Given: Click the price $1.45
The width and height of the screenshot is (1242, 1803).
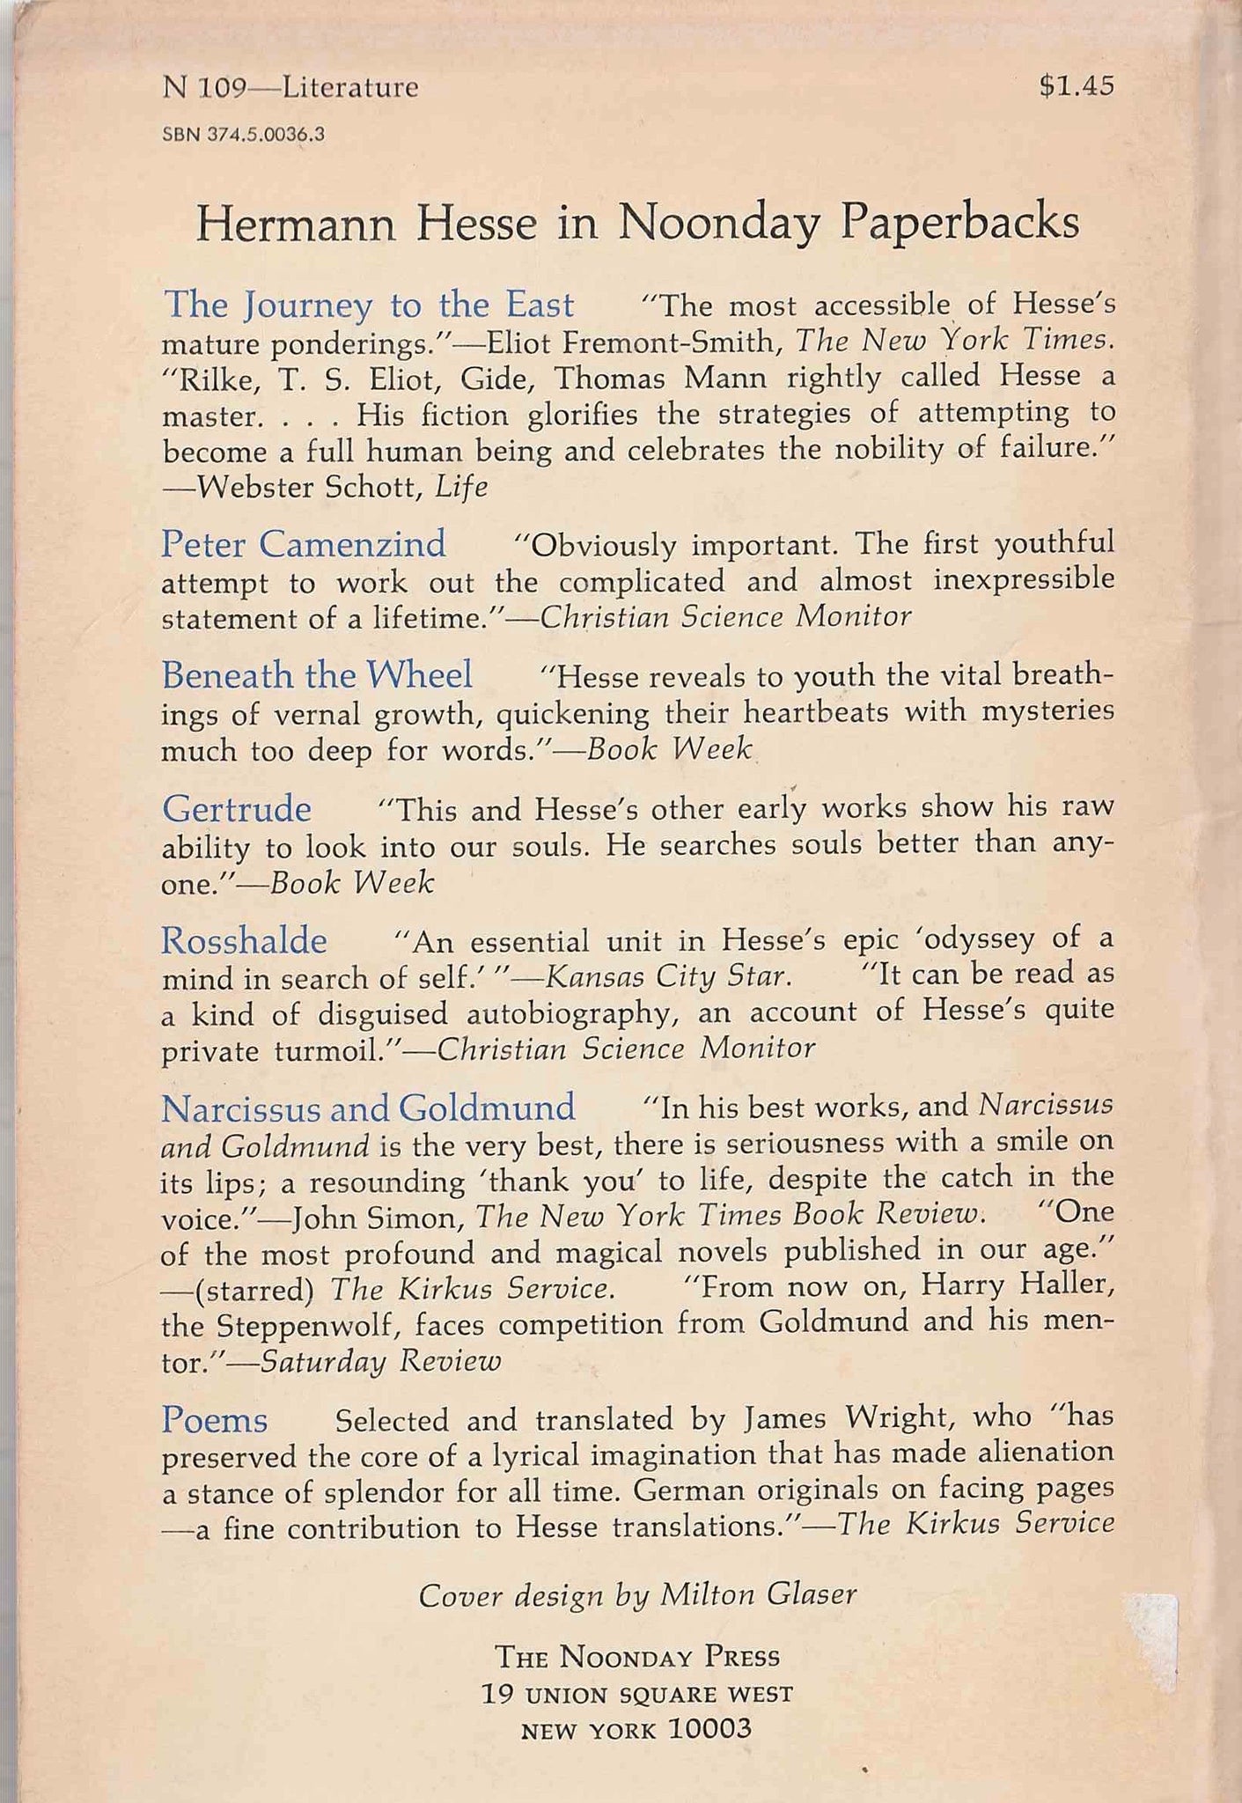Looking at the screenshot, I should (1076, 86).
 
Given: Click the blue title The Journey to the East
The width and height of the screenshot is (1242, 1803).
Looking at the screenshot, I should (369, 305).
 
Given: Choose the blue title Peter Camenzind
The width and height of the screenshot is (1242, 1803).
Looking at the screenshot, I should (304, 544).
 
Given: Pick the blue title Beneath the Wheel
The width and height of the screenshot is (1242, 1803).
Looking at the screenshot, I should (317, 675).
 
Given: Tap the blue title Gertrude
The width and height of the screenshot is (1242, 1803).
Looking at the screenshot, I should (237, 808).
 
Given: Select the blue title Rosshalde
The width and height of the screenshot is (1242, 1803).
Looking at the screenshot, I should (244, 941).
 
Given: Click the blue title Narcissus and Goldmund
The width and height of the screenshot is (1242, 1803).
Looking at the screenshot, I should (368, 1106).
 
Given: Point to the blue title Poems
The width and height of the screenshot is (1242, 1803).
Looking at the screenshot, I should (215, 1419).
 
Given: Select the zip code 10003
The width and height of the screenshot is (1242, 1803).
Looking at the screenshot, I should (710, 1728).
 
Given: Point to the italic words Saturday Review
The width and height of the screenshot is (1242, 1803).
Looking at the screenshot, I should (380, 1362).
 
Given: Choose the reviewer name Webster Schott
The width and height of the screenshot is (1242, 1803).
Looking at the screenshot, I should (310, 487).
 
